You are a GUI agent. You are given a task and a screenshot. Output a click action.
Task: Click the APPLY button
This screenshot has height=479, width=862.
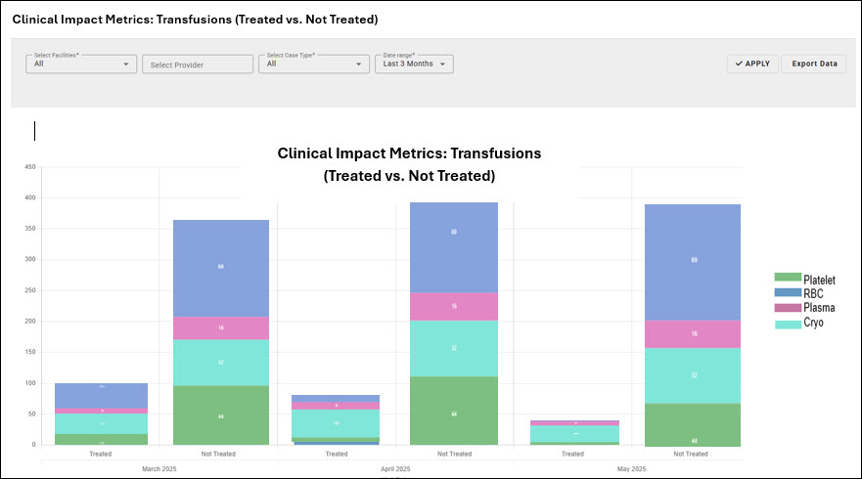point(752,64)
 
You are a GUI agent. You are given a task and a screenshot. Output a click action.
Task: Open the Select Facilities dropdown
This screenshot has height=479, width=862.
point(80,64)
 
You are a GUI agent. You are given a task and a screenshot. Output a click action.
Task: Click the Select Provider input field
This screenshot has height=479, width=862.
point(198,65)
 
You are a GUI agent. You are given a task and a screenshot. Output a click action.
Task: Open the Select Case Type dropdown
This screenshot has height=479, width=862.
point(313,64)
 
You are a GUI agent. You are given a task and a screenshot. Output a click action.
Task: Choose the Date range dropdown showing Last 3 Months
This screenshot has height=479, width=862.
point(414,64)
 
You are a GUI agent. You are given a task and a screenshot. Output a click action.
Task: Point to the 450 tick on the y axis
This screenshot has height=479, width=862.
point(29,167)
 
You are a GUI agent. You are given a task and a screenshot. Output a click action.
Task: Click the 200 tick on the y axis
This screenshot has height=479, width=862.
point(29,321)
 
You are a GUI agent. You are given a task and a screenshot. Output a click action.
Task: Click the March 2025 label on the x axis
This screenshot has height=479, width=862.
point(159,470)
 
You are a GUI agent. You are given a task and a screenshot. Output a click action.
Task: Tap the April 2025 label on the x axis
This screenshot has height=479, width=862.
point(395,470)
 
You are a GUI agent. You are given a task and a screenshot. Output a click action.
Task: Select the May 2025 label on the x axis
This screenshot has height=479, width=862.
point(632,470)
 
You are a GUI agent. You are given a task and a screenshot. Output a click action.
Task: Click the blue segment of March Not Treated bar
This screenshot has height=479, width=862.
point(220,267)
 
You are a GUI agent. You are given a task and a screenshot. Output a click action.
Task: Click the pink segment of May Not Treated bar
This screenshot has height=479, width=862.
point(693,333)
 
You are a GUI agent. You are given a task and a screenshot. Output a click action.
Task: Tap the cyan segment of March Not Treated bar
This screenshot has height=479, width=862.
point(220,362)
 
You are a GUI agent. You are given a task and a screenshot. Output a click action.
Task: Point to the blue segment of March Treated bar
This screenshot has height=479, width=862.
point(101,395)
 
